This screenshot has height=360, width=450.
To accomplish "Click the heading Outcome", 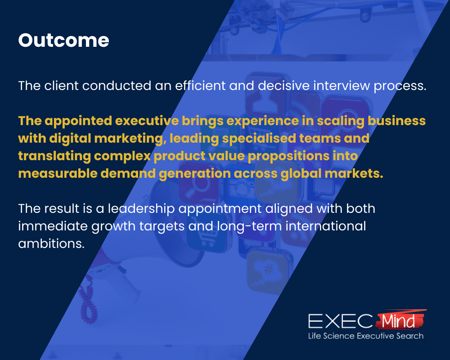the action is click(x=64, y=40).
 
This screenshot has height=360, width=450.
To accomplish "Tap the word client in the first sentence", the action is click(x=61, y=85).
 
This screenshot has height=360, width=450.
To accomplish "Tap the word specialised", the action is click(x=259, y=139).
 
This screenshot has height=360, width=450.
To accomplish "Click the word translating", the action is click(x=54, y=156).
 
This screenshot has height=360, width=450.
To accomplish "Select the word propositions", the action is click(x=288, y=156).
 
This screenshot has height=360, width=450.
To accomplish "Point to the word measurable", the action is click(x=58, y=174).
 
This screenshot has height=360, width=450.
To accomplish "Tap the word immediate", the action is click(x=53, y=226).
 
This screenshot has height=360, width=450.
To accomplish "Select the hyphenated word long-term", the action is click(x=249, y=226).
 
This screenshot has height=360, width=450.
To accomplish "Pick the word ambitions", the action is click(x=51, y=244).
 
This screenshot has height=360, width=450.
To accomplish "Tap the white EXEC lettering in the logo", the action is click(x=340, y=321).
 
